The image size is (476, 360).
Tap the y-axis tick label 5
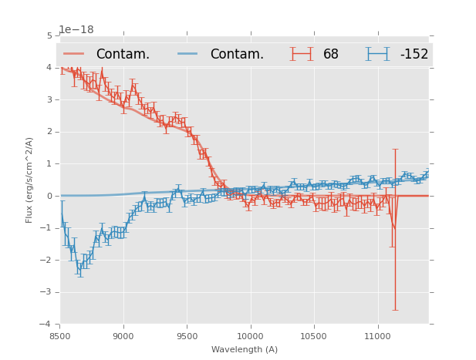(x=49, y=35)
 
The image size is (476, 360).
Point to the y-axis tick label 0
(x=49, y=196)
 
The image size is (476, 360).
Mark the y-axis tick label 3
(x=49, y=99)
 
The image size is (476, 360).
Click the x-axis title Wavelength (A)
(x=245, y=349)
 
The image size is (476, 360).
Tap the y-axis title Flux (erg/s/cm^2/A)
(x=29, y=180)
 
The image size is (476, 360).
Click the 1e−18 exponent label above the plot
(x=76, y=29)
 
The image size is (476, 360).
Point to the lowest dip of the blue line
(x=79, y=269)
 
